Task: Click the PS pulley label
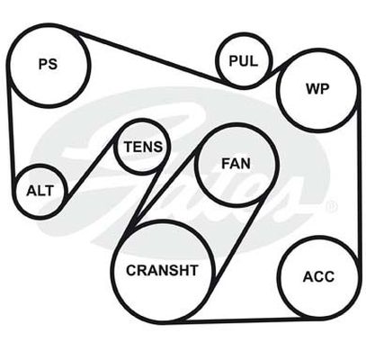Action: (x=48, y=64)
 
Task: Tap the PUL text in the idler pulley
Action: (x=244, y=61)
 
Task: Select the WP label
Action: (x=317, y=89)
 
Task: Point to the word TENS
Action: (x=143, y=147)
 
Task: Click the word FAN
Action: (x=236, y=164)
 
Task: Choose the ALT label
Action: (x=40, y=191)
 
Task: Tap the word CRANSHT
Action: (x=162, y=270)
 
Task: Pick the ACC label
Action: (x=318, y=276)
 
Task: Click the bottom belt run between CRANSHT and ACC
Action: (x=240, y=320)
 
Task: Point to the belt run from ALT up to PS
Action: (x=12, y=133)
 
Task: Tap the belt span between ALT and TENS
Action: (x=91, y=166)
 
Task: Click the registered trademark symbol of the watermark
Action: (x=333, y=206)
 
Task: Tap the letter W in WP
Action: (x=312, y=89)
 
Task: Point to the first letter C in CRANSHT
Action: (x=131, y=270)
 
